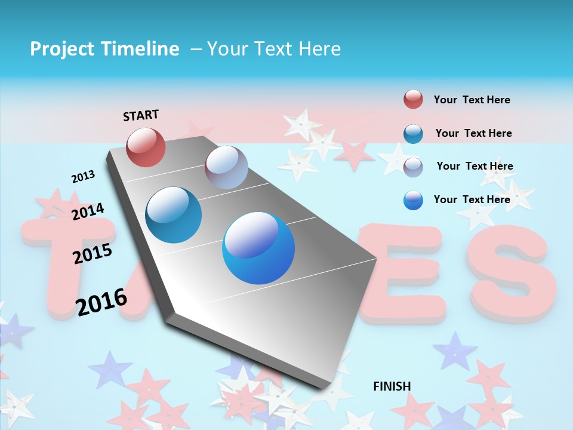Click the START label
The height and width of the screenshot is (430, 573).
(x=141, y=115)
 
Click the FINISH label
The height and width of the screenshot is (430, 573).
(x=392, y=386)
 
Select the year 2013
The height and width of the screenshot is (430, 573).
(x=83, y=177)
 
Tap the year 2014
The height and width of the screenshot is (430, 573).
(x=88, y=211)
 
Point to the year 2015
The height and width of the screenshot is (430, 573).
(x=93, y=254)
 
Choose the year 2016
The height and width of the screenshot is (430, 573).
(x=101, y=302)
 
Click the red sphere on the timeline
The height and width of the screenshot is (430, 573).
(x=146, y=147)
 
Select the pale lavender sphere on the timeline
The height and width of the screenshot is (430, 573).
(x=226, y=167)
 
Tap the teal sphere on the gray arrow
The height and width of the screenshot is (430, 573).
(x=174, y=215)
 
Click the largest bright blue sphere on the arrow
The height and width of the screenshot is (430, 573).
(x=258, y=248)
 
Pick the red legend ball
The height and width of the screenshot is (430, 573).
(x=413, y=99)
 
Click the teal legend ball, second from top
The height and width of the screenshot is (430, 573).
(x=413, y=134)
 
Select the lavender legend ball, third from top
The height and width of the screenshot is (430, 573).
(x=413, y=167)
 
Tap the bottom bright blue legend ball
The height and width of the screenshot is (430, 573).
(x=413, y=200)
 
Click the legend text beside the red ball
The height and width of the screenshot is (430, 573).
(x=472, y=100)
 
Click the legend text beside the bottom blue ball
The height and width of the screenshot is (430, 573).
(x=472, y=199)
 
